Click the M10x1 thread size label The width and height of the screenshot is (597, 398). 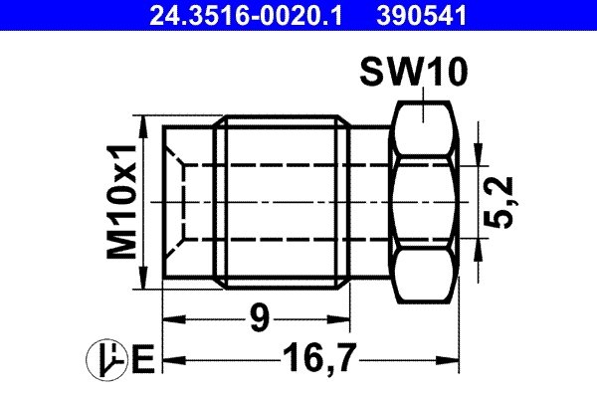(x=122, y=204)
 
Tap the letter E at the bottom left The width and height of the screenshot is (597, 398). (x=141, y=358)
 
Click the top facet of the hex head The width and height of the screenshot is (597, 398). (x=425, y=125)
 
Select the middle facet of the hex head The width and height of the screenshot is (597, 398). (x=425, y=202)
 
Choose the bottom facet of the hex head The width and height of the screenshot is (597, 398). (x=425, y=279)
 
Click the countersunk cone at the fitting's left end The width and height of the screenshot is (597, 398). (x=179, y=202)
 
